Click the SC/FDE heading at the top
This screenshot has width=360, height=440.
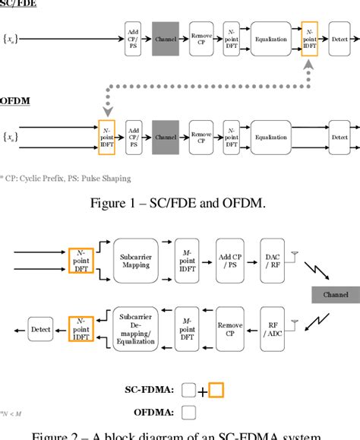point(16,3)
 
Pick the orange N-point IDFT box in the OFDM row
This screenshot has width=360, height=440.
point(107,137)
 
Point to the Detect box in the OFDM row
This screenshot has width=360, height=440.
point(339,137)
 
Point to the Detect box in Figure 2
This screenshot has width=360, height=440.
point(39,328)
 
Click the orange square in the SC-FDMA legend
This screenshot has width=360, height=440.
point(216,390)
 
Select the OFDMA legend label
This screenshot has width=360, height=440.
point(152,413)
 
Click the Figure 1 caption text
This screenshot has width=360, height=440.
point(180,202)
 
